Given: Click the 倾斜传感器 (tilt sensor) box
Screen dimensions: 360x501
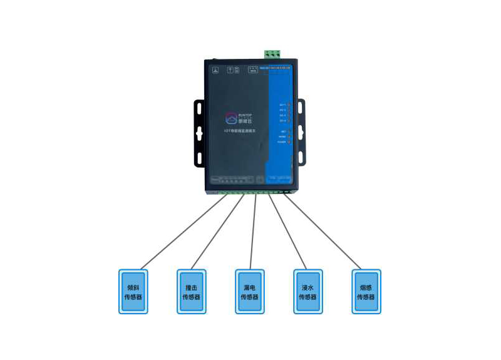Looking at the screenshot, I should (x=133, y=291).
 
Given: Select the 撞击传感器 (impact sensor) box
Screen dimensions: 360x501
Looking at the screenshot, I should (x=192, y=291).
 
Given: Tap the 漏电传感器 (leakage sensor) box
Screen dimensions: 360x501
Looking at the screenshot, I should (x=250, y=291).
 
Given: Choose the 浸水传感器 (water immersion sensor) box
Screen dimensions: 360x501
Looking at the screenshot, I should (x=308, y=291).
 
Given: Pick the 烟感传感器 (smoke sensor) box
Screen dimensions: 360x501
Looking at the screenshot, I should (x=366, y=291).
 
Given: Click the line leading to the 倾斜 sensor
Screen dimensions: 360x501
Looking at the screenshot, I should (x=182, y=232).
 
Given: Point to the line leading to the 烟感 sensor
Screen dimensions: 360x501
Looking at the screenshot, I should (x=326, y=232).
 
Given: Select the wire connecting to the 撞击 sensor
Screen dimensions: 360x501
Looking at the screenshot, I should (x=216, y=232).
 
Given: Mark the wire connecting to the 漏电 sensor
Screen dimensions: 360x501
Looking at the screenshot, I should (x=252, y=232).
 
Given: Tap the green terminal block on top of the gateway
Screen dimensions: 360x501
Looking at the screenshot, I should (x=271, y=54).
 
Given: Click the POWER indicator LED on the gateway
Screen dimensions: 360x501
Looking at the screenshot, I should (x=289, y=142).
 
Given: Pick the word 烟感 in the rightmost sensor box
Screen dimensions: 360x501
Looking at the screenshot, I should (x=366, y=288).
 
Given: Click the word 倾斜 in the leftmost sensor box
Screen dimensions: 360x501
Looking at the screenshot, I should (x=133, y=288).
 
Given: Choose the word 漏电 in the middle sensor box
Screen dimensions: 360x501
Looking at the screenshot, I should (x=250, y=288).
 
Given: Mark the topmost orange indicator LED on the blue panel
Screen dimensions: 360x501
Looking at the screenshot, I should (x=289, y=105).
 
